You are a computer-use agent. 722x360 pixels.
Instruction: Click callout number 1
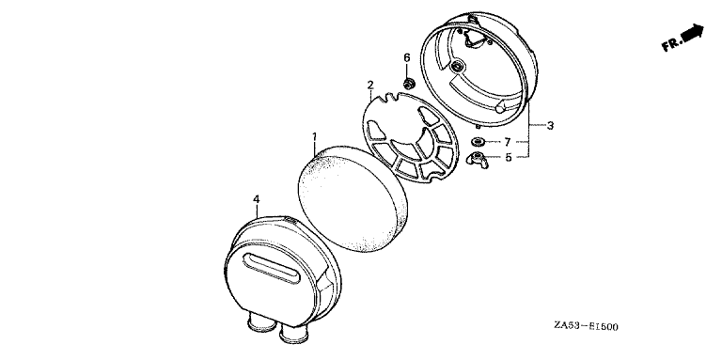(x=315, y=136)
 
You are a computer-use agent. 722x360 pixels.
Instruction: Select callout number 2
(x=370, y=85)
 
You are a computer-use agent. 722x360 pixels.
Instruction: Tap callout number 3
(x=550, y=125)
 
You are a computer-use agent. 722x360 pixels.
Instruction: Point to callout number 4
(x=257, y=199)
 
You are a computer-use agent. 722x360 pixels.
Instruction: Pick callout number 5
(x=509, y=157)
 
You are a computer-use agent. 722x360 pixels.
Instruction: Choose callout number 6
(x=406, y=57)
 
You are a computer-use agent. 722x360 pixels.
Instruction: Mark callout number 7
(x=508, y=142)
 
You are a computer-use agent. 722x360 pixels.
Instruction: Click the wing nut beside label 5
(x=478, y=158)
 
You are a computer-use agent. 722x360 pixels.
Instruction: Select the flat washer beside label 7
(x=478, y=141)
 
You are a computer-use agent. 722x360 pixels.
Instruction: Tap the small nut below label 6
(x=407, y=84)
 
